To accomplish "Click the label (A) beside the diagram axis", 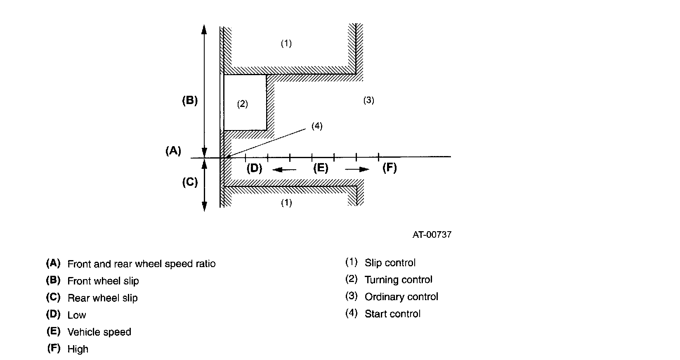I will click(x=173, y=151).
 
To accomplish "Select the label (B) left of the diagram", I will click(x=190, y=101).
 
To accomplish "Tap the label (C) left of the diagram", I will click(x=190, y=182).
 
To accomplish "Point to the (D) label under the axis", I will click(x=254, y=168).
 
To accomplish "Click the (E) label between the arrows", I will click(x=321, y=168).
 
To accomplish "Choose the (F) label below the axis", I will click(x=390, y=168).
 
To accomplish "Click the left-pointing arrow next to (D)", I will click(x=283, y=169).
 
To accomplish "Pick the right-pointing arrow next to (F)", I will click(x=357, y=169).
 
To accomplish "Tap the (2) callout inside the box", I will click(x=242, y=104).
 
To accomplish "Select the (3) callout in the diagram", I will click(x=368, y=100).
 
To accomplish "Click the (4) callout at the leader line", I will click(x=317, y=126).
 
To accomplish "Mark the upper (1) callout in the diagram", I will click(x=286, y=43).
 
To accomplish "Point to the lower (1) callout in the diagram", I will click(x=286, y=203).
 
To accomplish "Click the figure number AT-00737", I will click(x=432, y=235).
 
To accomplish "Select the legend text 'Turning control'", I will click(x=398, y=280).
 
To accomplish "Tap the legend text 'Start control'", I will click(x=392, y=314).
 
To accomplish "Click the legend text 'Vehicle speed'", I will click(x=99, y=332).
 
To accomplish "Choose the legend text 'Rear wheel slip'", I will click(x=102, y=298).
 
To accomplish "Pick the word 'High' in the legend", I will click(x=78, y=349).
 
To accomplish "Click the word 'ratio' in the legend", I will click(x=205, y=264).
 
